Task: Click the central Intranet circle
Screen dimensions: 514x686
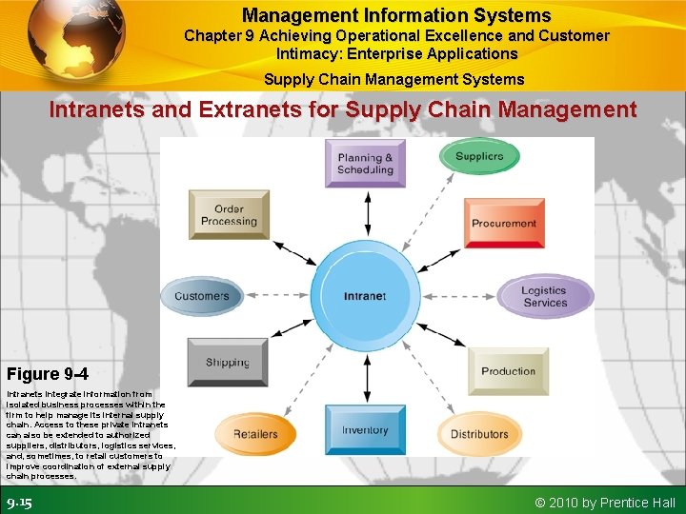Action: click(365, 296)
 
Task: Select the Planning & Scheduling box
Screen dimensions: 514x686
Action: click(365, 164)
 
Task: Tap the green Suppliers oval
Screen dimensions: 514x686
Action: click(478, 157)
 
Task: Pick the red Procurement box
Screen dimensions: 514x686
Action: click(503, 223)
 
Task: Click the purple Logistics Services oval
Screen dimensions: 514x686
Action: click(544, 296)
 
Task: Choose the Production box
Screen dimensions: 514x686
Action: click(508, 371)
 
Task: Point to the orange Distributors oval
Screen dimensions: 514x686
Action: click(479, 434)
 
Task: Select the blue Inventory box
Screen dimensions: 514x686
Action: click(365, 430)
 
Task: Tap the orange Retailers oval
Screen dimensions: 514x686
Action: click(255, 434)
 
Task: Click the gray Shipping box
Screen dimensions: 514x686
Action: click(227, 363)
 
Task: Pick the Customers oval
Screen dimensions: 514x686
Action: click(201, 296)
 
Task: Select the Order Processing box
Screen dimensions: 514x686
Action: click(229, 215)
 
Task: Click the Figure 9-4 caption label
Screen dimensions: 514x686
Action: click(48, 373)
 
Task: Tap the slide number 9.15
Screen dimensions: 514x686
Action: click(19, 503)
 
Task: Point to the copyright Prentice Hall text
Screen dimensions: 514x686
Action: click(605, 503)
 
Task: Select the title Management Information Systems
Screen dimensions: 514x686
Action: click(396, 15)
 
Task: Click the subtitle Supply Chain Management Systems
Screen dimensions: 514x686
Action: click(393, 79)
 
